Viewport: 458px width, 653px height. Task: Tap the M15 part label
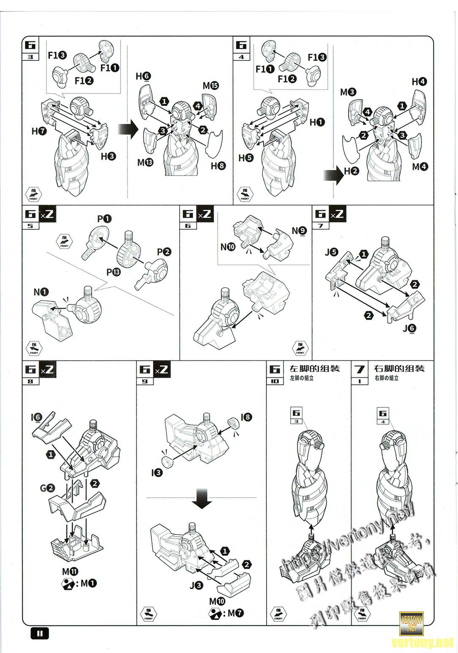click(210, 86)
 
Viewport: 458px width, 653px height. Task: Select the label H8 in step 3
click(218, 166)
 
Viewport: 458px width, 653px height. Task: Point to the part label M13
click(145, 162)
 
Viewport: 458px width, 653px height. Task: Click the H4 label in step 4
click(419, 82)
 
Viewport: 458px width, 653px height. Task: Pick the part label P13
click(113, 272)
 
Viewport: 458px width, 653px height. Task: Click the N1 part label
click(41, 292)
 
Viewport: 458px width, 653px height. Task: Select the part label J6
click(409, 328)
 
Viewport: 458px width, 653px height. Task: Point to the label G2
click(47, 488)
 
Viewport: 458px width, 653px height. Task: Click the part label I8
click(246, 417)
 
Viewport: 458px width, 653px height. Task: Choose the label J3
click(196, 585)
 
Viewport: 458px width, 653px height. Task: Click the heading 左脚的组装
click(314, 369)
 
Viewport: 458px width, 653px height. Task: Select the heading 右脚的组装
click(399, 369)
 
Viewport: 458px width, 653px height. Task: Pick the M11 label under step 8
click(70, 571)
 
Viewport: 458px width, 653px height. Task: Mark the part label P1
click(104, 219)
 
